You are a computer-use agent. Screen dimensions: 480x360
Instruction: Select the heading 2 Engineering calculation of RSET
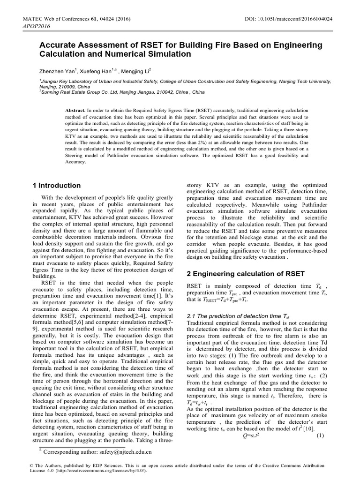[x=246, y=273]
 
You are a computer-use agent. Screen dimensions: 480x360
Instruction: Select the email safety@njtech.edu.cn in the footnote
[x=123, y=454]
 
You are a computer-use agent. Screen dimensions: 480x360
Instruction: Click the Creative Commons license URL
[x=94, y=470]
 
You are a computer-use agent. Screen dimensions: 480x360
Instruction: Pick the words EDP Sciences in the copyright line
[x=95, y=465]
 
